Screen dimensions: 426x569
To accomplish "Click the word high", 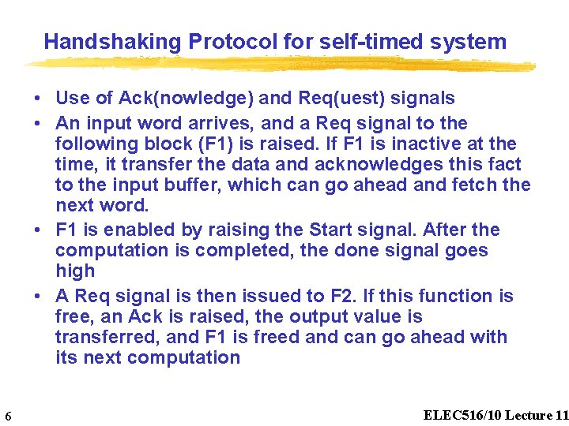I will pyautogui.click(x=75, y=271).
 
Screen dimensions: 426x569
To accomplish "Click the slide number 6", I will pyautogui.click(x=7, y=417).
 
